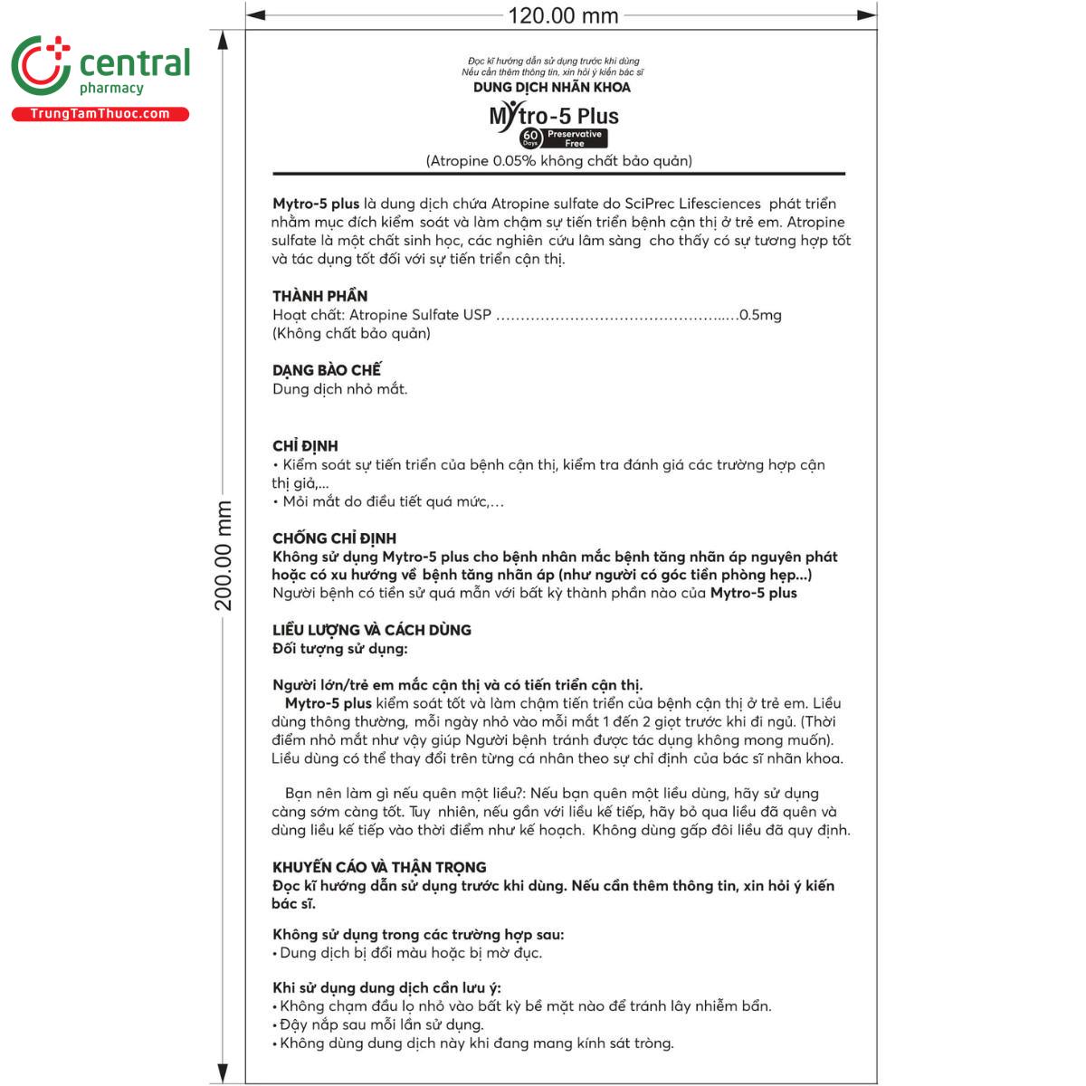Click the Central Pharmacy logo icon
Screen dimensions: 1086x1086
point(41,66)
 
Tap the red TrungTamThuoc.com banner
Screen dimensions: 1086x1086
point(100,114)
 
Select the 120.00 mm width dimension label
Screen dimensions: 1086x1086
point(563,15)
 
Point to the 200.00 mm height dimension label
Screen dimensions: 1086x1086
point(224,555)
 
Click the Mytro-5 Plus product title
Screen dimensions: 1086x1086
point(554,116)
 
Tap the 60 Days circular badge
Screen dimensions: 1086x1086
point(530,138)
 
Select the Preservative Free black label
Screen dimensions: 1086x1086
point(575,138)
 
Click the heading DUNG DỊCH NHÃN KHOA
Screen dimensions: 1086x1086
point(552,87)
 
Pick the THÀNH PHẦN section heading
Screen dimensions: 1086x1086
point(320,296)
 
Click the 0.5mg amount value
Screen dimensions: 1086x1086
point(760,315)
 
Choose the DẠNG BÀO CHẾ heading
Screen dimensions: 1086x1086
point(327,370)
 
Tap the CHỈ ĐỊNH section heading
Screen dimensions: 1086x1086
point(305,446)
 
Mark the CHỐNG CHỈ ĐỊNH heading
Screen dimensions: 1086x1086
point(334,538)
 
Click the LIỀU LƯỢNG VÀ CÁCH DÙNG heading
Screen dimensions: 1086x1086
point(372,630)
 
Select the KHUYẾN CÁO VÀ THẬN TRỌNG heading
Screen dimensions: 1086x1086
point(379,867)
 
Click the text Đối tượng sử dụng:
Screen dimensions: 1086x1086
point(340,649)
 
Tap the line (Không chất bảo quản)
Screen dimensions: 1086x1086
point(351,333)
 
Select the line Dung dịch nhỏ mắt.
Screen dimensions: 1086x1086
point(340,389)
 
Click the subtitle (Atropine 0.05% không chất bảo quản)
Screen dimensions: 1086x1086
point(559,161)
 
